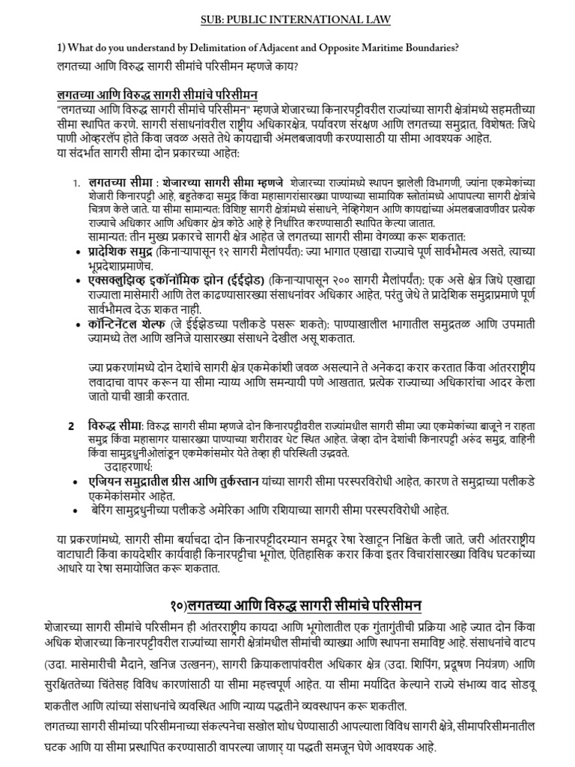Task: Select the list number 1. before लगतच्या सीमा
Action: pyautogui.click(x=76, y=183)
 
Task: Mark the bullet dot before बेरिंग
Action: pyautogui.click(x=78, y=511)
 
